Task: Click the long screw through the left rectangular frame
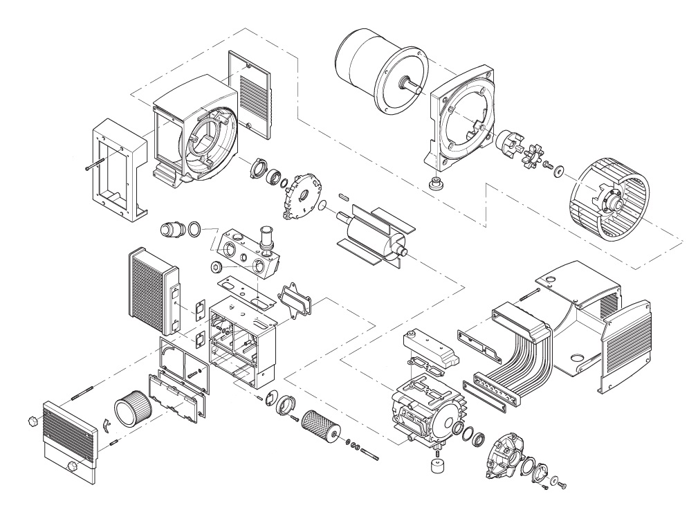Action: click(93, 165)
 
